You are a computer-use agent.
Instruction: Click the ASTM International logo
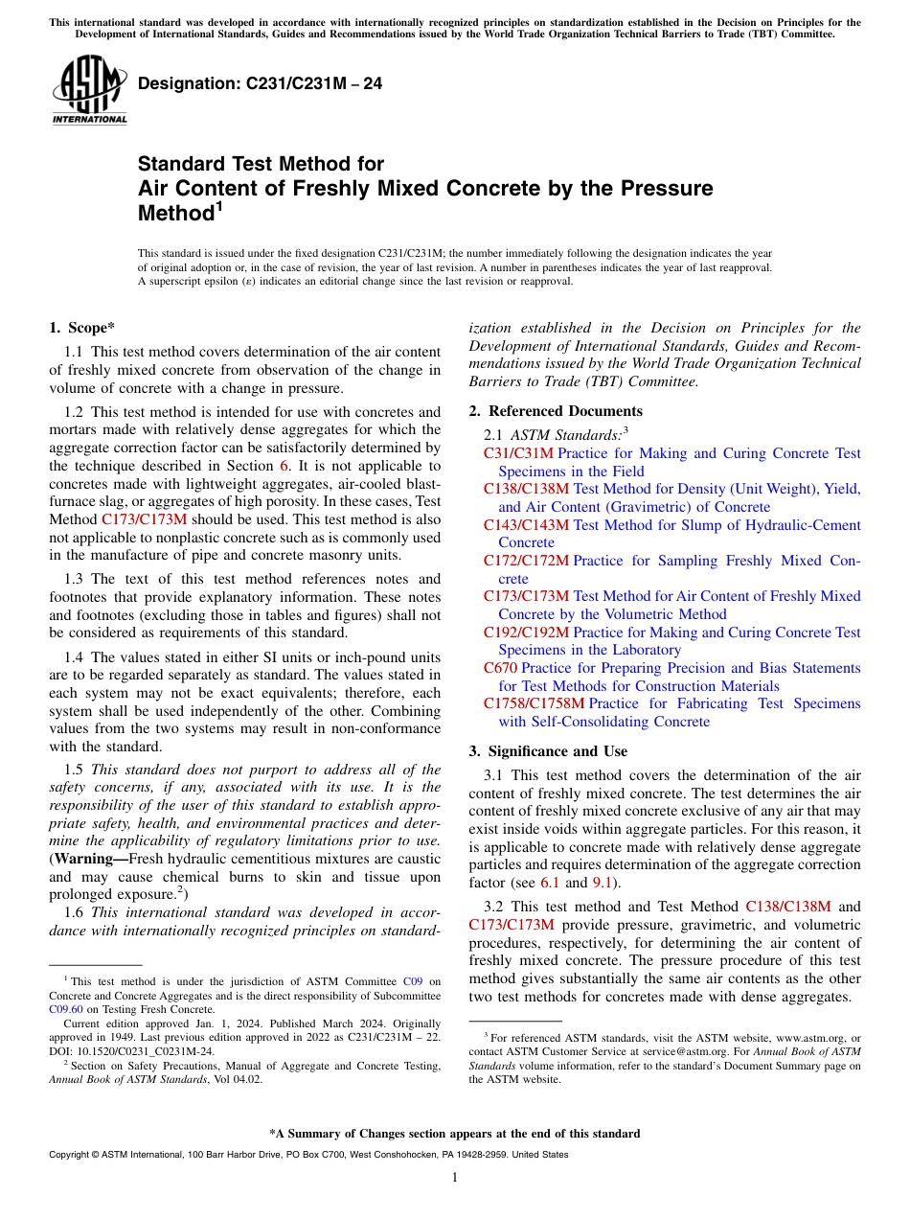[89, 90]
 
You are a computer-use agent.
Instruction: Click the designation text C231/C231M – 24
[261, 84]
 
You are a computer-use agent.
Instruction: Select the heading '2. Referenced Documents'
[556, 411]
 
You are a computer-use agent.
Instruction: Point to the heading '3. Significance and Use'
[548, 751]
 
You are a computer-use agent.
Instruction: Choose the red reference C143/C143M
[526, 525]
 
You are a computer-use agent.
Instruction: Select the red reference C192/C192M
[526, 632]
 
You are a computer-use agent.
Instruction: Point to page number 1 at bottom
[455, 1177]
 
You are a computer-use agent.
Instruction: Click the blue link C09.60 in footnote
[66, 1009]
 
